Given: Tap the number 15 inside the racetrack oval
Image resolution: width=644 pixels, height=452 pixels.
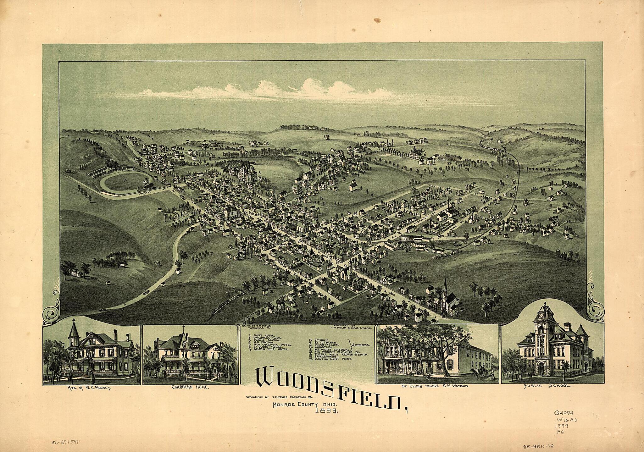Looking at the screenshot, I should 125,180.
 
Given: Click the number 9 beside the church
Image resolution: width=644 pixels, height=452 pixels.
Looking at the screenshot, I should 345,266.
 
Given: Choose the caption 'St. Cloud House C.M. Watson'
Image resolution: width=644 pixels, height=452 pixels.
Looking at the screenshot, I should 437,386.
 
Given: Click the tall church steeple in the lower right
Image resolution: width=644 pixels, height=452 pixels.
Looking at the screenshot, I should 445,288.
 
